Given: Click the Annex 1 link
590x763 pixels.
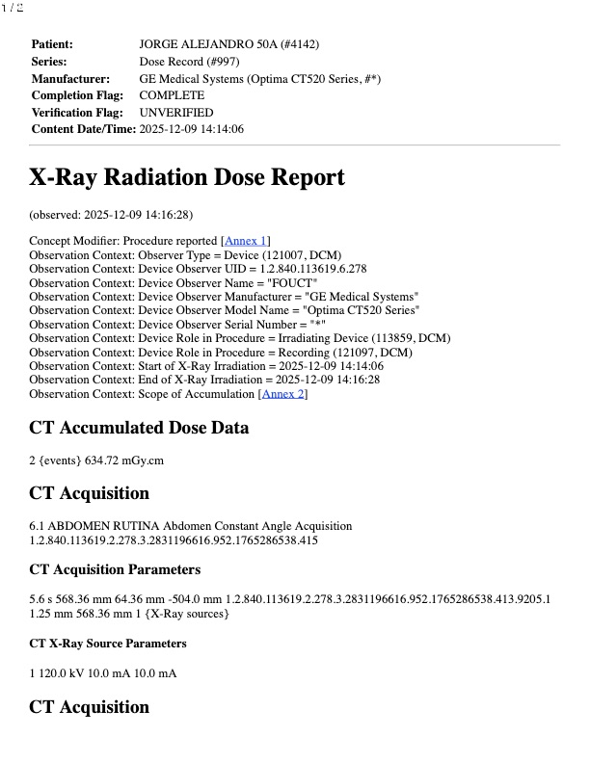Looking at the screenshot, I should click(x=247, y=241).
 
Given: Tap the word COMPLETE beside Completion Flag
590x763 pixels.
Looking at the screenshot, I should click(x=172, y=95).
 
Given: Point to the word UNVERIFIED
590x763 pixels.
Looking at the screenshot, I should click(x=176, y=112).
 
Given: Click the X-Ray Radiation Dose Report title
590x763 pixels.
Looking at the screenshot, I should click(x=186, y=177).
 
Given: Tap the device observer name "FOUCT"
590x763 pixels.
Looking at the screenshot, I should click(x=295, y=283).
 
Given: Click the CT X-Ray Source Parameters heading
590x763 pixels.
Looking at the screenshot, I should click(x=108, y=643).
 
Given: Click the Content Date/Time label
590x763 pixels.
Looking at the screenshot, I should click(x=83, y=128).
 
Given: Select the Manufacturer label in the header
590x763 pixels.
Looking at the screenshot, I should click(x=70, y=78).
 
